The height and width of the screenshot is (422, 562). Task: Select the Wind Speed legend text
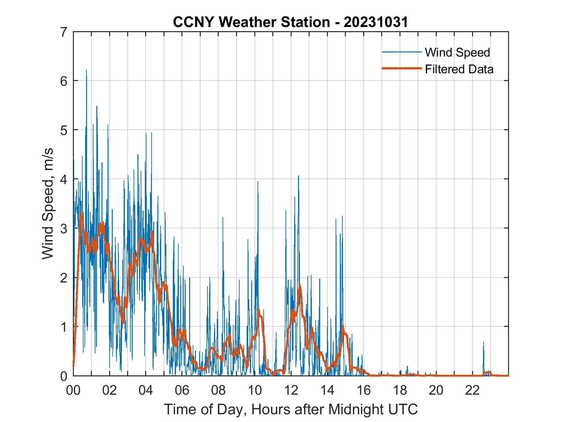(x=457, y=52)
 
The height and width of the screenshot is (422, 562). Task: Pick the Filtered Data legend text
(x=459, y=69)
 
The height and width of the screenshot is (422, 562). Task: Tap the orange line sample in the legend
(x=401, y=68)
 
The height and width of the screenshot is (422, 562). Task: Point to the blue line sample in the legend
(x=401, y=52)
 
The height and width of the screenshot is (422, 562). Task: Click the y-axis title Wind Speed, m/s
(x=48, y=203)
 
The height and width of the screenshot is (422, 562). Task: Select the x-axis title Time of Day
(x=291, y=409)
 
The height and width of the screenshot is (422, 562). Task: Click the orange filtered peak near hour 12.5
(x=300, y=285)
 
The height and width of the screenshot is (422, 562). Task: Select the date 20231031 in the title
(x=376, y=22)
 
